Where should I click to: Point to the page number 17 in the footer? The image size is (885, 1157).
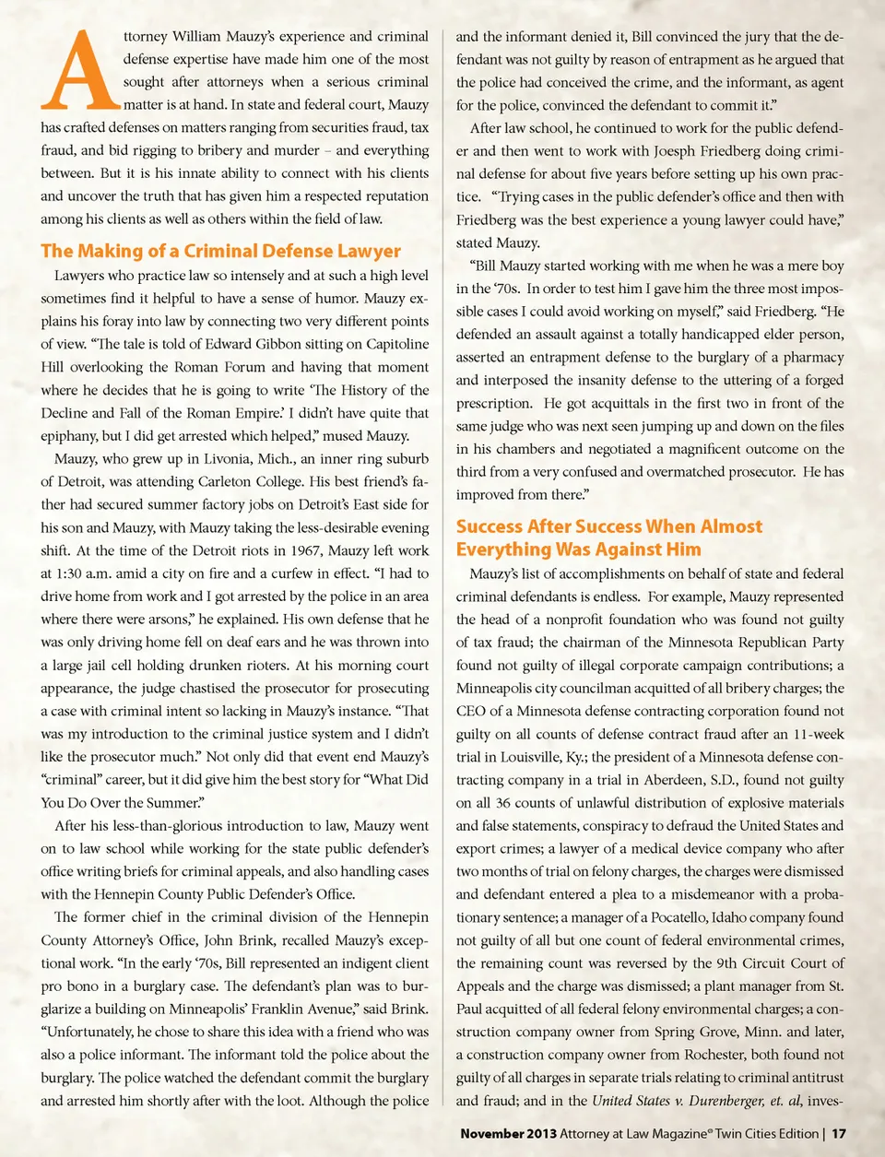tap(839, 1133)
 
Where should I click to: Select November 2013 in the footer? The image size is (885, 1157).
tap(508, 1133)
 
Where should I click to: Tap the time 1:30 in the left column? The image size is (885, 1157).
tap(71, 573)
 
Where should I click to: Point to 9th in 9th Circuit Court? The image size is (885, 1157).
tap(720, 963)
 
